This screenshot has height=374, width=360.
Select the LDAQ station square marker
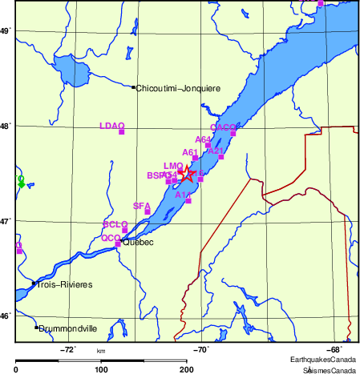click(x=122, y=131)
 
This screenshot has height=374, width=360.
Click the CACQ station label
click(x=223, y=127)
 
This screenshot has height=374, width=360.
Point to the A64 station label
click(x=203, y=139)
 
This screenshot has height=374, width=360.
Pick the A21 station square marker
click(x=220, y=157)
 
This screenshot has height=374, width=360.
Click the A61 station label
click(x=190, y=152)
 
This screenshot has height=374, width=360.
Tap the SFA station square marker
click(x=148, y=211)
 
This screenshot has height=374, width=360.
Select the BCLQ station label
click(x=115, y=224)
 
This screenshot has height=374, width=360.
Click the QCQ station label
click(x=111, y=238)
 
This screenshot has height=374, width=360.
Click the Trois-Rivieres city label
click(x=65, y=284)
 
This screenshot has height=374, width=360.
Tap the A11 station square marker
click(x=188, y=200)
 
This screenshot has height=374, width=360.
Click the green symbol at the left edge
click(x=21, y=183)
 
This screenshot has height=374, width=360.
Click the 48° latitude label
click(x=5, y=126)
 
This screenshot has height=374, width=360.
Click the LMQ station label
click(x=173, y=166)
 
